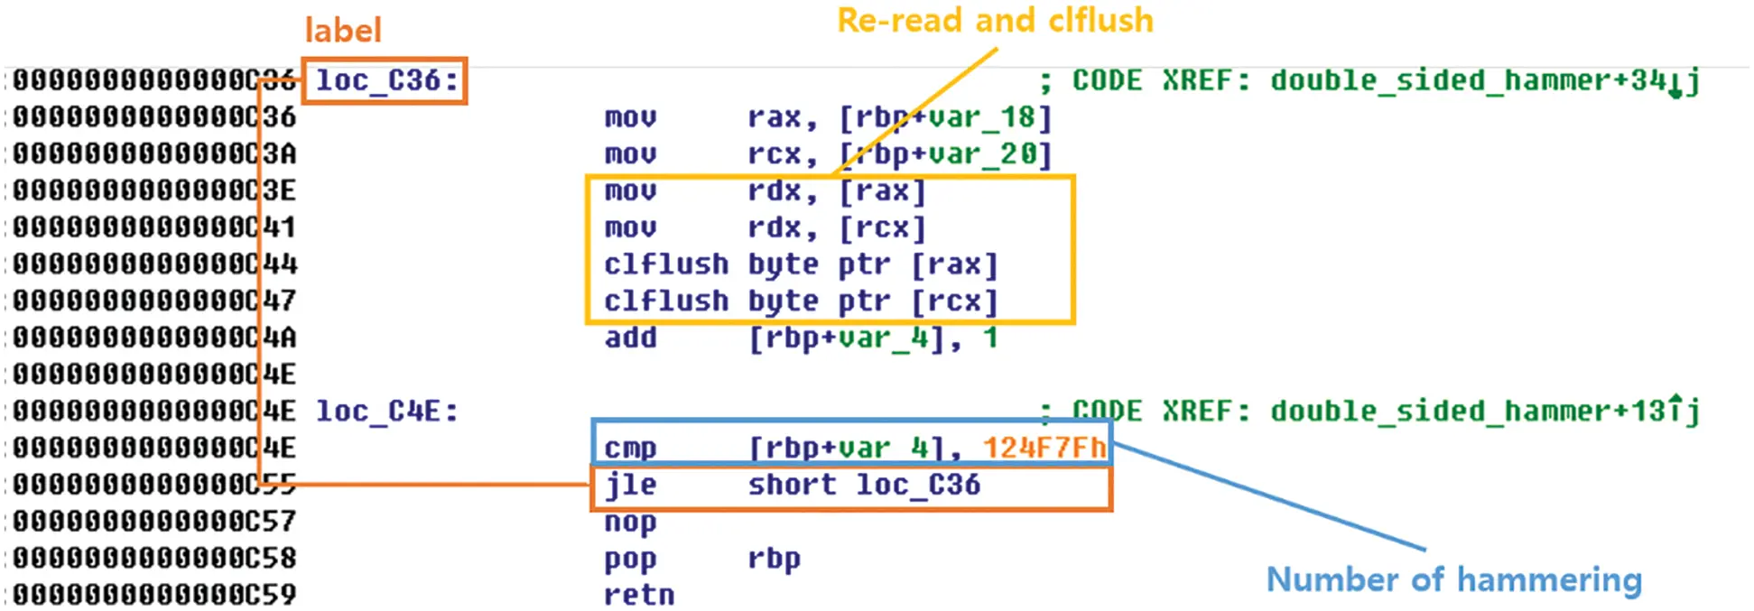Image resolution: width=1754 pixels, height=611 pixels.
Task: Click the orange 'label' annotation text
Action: [343, 31]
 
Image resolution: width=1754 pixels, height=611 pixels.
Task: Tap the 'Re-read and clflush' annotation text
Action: [995, 20]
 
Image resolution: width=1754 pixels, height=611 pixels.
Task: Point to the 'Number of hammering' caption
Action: [1453, 579]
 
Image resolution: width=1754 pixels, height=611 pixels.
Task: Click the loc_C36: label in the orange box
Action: [386, 80]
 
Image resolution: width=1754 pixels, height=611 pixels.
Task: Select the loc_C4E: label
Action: [386, 412]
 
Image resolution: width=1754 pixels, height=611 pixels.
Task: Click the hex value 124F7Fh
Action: [1044, 448]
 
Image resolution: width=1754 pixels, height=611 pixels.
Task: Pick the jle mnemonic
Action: [630, 486]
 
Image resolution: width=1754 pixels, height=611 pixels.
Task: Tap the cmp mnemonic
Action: [630, 449]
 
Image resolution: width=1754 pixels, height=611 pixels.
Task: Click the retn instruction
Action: [639, 595]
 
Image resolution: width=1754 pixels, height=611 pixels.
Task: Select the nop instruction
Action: [630, 523]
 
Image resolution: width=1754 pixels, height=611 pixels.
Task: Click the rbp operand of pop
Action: [774, 560]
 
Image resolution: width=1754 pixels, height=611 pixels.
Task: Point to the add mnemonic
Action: [630, 338]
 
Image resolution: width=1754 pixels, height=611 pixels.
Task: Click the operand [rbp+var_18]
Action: [945, 117]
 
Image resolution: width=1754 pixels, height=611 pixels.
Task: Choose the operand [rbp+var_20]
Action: [945, 154]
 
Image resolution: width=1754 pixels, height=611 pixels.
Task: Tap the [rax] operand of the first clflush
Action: [954, 264]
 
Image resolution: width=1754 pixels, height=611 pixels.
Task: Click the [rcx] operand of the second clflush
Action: [954, 301]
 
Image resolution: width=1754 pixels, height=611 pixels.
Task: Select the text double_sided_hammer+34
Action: [1468, 80]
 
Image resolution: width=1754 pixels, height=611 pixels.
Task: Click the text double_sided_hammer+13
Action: [1468, 412]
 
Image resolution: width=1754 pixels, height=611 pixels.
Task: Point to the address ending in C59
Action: [153, 595]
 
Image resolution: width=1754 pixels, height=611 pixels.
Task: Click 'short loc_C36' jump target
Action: [864, 486]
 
